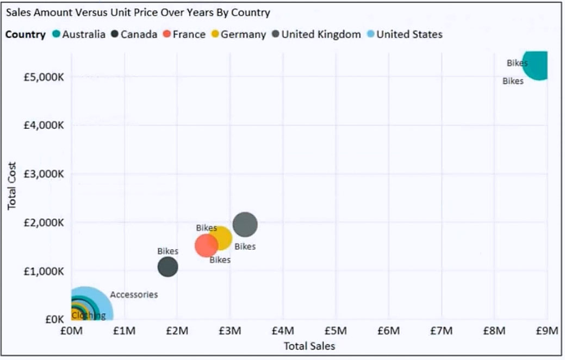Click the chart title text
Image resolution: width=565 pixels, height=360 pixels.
click(x=138, y=13)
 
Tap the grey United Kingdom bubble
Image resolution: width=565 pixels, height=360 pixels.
click(x=245, y=224)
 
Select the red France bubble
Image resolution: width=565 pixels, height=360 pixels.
click(x=206, y=245)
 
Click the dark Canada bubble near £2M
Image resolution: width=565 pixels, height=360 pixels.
click(x=167, y=267)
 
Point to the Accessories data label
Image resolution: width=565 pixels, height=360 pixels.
click(x=134, y=295)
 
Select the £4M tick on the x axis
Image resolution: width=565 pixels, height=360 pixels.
click(x=283, y=331)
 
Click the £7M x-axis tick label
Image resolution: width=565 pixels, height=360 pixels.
click(x=441, y=331)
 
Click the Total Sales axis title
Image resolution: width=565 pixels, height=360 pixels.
click(x=309, y=346)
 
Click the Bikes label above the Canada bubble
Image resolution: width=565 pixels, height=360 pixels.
click(x=167, y=251)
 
